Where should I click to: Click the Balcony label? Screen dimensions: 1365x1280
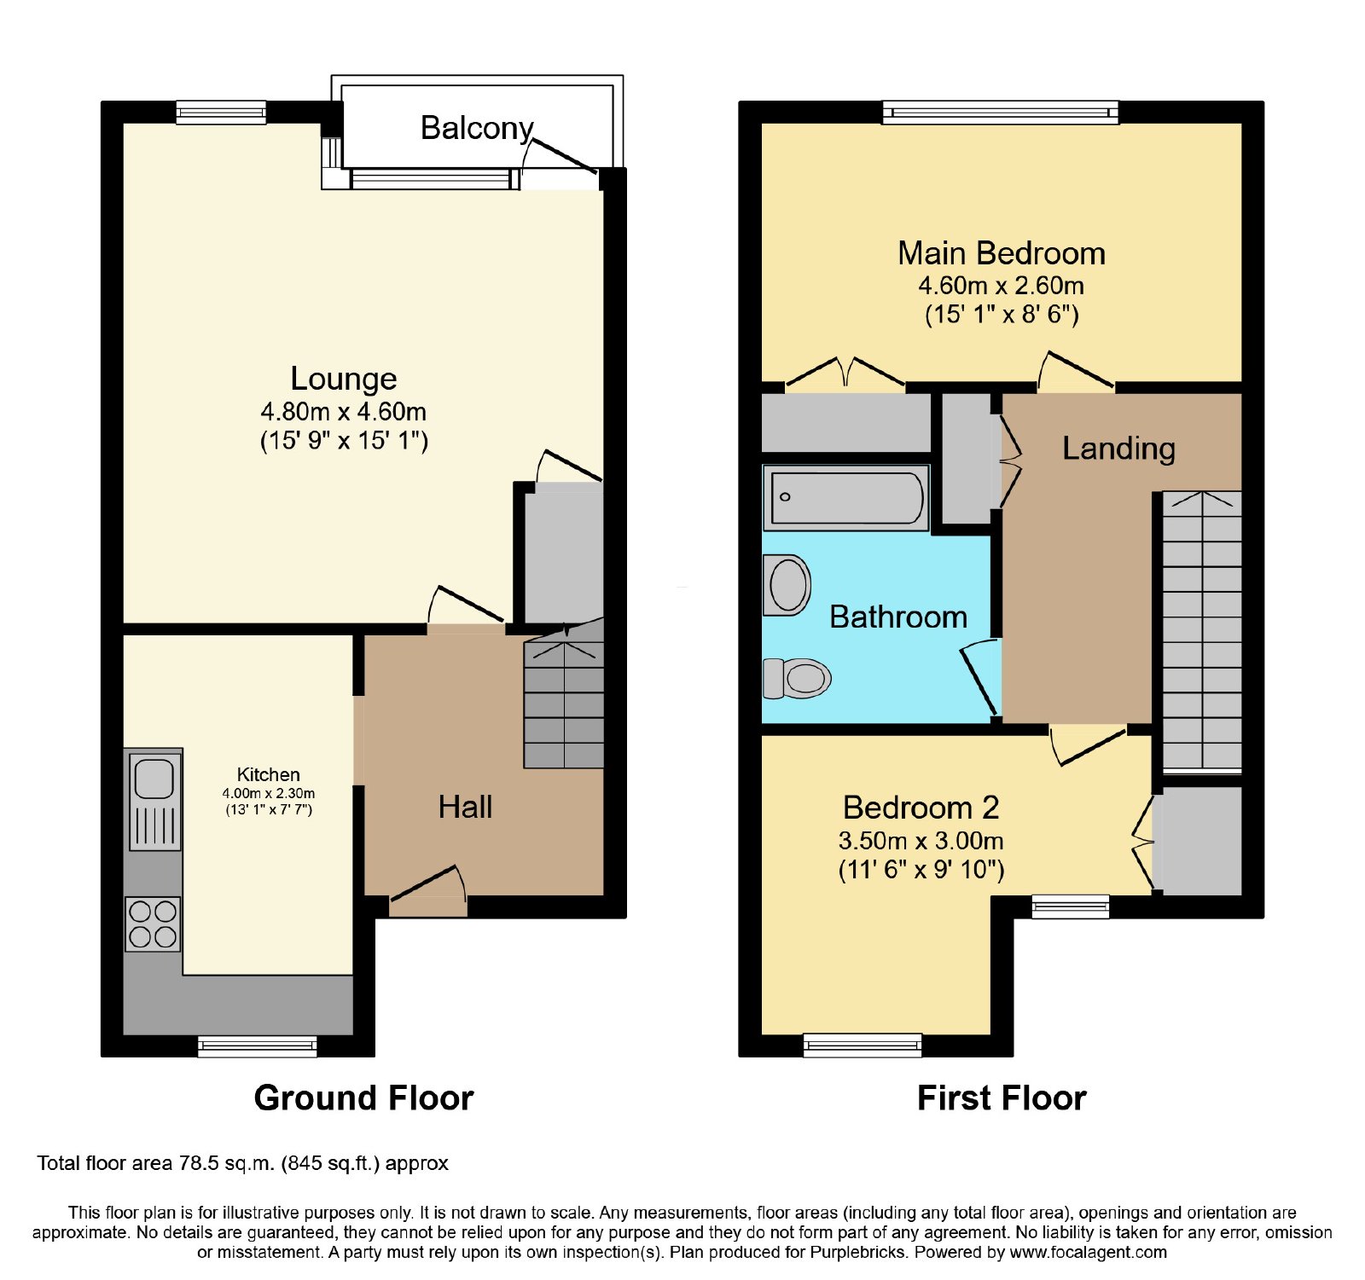point(477,128)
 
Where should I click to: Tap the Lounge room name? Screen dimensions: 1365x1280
point(344,378)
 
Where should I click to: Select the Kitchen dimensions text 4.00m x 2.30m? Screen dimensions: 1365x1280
point(269,793)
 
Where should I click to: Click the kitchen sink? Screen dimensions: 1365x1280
point(154,800)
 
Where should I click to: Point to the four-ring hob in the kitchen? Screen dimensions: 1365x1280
point(154,924)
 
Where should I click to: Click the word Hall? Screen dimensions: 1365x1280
point(465,807)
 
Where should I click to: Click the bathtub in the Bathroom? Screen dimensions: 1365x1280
point(846,497)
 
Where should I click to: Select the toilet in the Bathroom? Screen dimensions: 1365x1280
point(797,678)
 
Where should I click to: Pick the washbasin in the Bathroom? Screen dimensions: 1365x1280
point(787,585)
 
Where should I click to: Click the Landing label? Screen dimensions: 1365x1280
point(1118,449)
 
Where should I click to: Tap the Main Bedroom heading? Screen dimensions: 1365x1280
point(1002,253)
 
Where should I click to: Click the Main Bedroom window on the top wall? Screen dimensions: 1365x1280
point(1000,112)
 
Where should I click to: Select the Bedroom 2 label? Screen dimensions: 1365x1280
point(921,807)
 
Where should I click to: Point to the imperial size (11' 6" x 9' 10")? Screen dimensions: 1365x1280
point(921,870)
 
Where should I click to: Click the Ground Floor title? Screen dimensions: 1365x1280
point(363,1098)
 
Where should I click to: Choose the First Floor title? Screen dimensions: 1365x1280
point(1002,1098)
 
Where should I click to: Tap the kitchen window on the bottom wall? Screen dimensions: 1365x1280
point(257,1046)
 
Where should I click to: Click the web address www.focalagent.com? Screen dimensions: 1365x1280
point(1089,1252)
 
